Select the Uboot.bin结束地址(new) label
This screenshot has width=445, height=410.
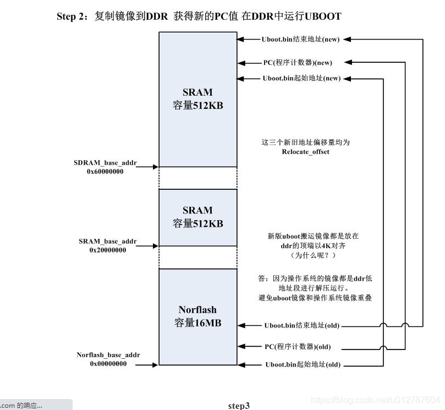pos(300,39)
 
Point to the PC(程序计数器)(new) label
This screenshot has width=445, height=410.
pos(298,63)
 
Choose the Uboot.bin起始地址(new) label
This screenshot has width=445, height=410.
pos(301,79)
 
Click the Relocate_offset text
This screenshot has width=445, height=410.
pos(305,151)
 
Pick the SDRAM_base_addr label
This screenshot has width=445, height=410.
pos(105,163)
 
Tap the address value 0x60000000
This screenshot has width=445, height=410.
pos(105,172)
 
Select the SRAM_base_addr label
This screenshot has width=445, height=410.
pos(108,242)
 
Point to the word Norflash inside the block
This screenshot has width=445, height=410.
pos(197,310)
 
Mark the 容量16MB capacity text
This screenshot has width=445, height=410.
pos(197,323)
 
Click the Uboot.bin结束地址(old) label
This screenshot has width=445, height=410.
pos(302,326)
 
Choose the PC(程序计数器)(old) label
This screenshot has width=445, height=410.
pos(298,347)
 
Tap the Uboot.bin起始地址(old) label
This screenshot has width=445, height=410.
pos(303,365)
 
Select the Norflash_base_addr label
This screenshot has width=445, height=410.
pos(108,355)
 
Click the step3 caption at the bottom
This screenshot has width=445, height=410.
pos(239,406)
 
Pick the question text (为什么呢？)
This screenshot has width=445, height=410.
pos(312,256)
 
